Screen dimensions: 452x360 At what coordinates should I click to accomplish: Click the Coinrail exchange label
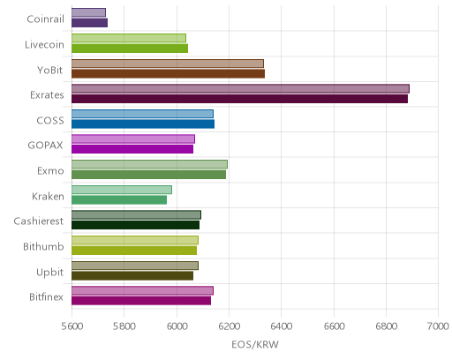[45, 19]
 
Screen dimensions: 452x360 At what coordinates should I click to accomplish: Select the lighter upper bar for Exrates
[240, 88]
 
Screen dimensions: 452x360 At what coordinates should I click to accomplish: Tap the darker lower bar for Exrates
[239, 99]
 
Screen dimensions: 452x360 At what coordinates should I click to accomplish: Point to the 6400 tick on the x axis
[281, 326]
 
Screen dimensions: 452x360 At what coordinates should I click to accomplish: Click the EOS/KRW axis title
[255, 344]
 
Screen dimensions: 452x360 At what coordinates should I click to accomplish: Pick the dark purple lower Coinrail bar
[89, 23]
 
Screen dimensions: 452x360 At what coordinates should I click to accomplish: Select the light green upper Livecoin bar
[129, 38]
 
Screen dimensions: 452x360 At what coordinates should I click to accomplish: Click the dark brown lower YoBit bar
[168, 73]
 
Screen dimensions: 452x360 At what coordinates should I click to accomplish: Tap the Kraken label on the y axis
[48, 196]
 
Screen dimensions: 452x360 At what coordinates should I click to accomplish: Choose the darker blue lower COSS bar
[143, 124]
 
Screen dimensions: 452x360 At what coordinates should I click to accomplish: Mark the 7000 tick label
[438, 326]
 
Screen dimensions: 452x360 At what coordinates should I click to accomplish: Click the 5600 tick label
[72, 326]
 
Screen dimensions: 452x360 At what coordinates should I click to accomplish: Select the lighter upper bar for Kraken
[122, 190]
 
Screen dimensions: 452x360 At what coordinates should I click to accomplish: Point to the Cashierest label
[39, 221]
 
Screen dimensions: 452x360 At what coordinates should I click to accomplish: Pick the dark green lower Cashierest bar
[135, 225]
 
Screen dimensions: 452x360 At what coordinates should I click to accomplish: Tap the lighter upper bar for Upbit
[135, 266]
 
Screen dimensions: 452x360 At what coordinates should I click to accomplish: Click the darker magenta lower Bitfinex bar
[141, 301]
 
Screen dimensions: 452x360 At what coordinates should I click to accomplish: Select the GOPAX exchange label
[45, 146]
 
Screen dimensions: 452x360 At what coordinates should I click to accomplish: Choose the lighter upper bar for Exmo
[149, 164]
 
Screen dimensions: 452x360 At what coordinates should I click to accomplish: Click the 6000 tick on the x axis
[177, 326]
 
